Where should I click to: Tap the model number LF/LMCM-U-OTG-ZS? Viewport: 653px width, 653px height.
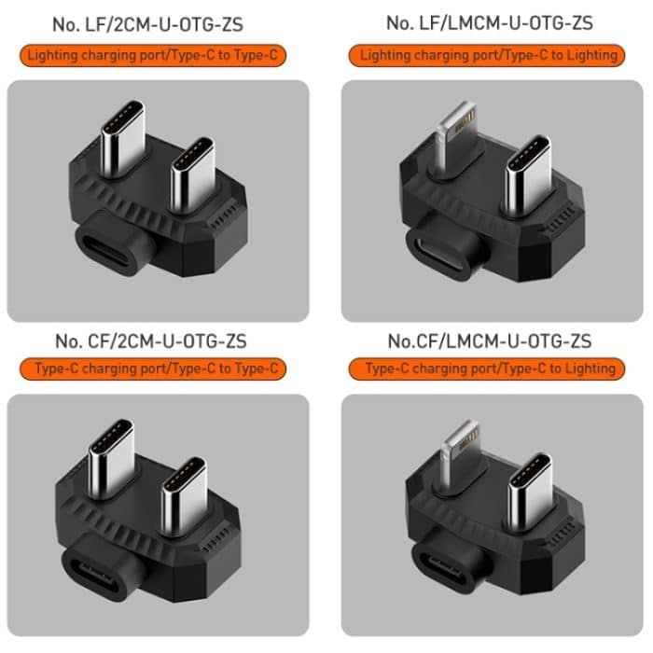[490, 22]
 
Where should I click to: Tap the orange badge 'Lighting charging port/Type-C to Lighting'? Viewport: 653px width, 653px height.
[489, 56]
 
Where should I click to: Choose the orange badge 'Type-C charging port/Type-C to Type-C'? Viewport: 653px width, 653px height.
[154, 369]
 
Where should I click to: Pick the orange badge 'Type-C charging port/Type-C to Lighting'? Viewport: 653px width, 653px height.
[489, 369]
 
